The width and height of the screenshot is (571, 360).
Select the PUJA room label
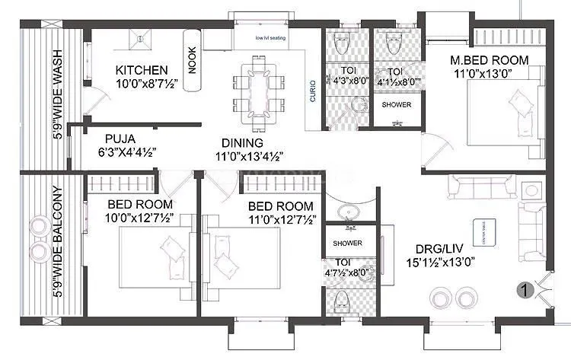click(x=120, y=139)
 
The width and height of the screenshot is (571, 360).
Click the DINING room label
click(x=242, y=142)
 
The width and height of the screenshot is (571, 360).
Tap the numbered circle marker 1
click(x=523, y=289)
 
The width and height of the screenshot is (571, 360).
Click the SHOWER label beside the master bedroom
click(x=396, y=104)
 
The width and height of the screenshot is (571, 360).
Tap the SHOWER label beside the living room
click(x=347, y=244)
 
